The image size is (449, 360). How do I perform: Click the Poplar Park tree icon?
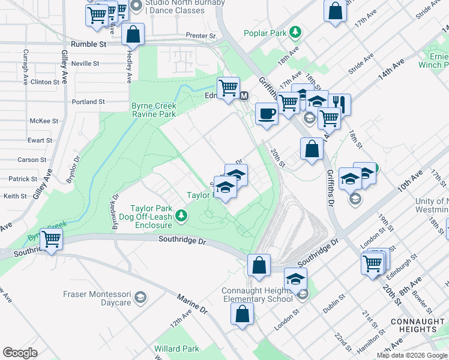tap(295, 32)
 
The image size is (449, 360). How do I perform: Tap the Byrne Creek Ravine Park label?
tap(154, 110)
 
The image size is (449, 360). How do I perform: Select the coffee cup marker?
tap(267, 113)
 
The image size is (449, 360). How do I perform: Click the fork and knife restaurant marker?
tap(339, 104)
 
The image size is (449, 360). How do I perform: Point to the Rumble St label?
tap(88, 44)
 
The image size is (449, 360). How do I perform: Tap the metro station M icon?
tap(244, 96)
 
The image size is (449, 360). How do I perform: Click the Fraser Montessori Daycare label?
tap(97, 298)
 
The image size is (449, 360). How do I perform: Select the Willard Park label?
tap(176, 349)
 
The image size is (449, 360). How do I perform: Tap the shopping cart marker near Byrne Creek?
tap(52, 239)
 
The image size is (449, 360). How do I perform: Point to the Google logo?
tap(20, 352)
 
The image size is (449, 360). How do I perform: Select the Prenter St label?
tap(200, 36)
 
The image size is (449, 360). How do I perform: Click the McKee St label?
tap(46, 121)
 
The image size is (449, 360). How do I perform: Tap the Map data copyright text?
tap(411, 355)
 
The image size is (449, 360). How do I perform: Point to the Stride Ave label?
tap(360, 63)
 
